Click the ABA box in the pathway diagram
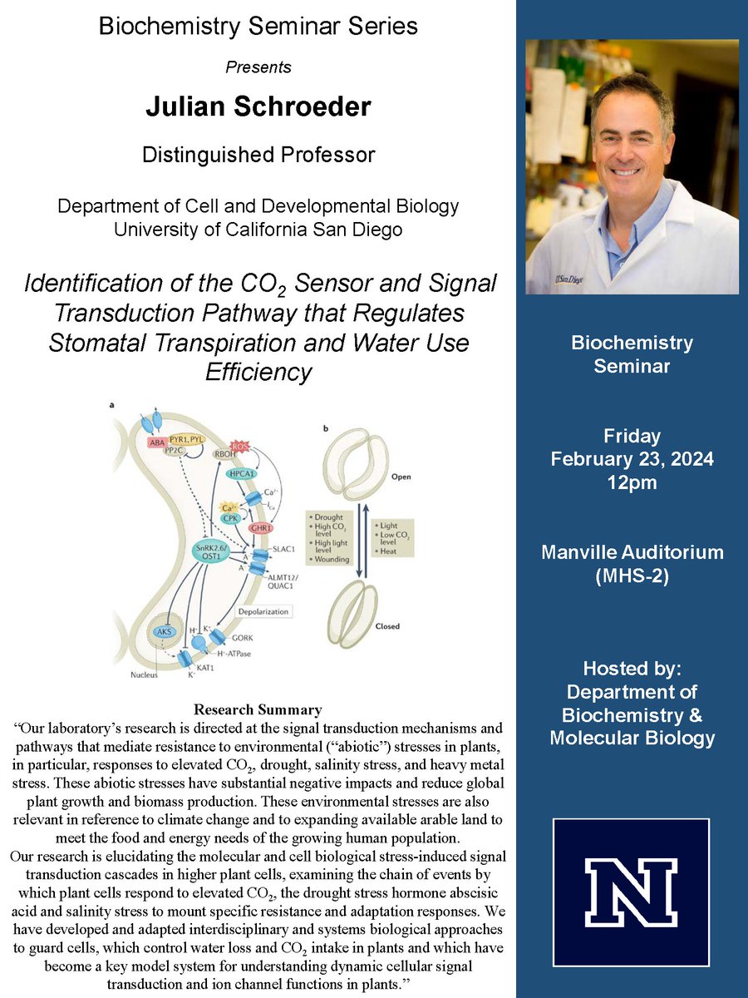[157, 443]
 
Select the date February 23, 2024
[632, 458]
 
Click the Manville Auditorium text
[632, 551]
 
